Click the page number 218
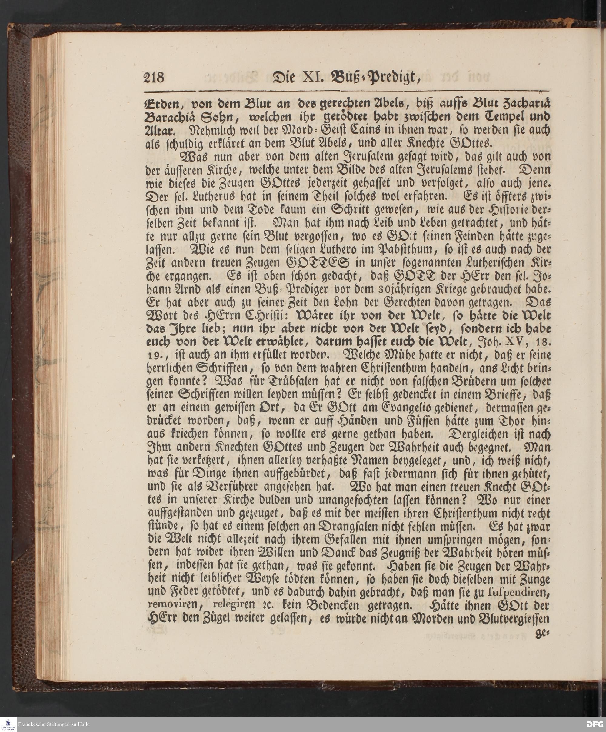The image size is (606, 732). point(154,77)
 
